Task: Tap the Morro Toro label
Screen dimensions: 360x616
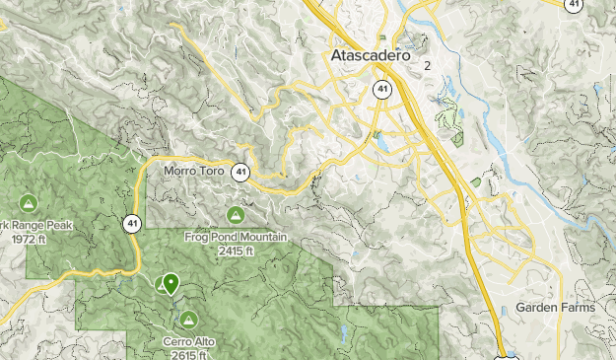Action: (193, 171)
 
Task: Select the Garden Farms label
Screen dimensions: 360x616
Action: (555, 308)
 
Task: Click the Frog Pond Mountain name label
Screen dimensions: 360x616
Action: (236, 238)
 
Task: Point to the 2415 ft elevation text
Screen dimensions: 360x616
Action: (236, 251)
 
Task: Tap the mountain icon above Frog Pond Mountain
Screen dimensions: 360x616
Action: (236, 215)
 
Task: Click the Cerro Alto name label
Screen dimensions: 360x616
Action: (187, 343)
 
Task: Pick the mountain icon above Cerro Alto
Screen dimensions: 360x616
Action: (187, 320)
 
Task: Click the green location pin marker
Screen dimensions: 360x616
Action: (171, 284)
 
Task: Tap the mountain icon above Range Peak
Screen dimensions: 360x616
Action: (28, 203)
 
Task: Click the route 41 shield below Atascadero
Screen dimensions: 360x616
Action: (380, 90)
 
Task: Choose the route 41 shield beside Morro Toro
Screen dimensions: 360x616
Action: (240, 172)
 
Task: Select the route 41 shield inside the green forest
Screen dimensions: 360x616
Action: (132, 224)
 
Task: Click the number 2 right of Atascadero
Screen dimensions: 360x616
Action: (428, 66)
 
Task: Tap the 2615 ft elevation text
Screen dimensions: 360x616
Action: (187, 355)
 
